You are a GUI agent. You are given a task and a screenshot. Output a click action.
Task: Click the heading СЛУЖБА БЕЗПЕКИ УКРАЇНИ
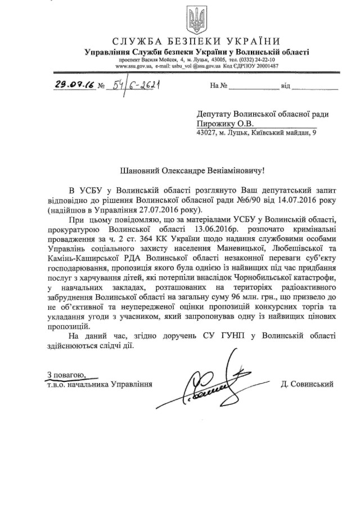coord(196,42)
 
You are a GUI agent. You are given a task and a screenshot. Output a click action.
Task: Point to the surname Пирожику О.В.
coord(222,123)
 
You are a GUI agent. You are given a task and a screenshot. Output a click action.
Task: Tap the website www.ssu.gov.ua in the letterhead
coord(133,66)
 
